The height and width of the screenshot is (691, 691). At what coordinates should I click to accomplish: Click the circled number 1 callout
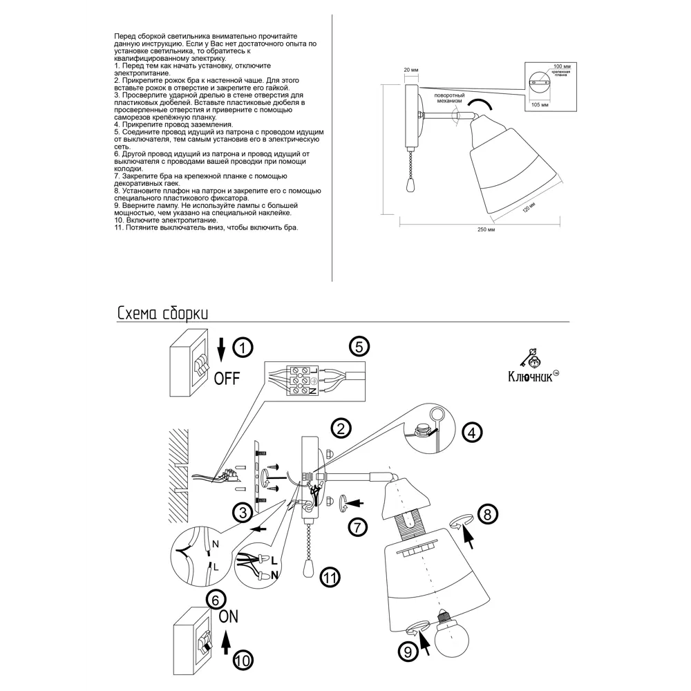pos(241,348)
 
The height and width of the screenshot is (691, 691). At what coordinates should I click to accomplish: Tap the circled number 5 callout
pos(357,347)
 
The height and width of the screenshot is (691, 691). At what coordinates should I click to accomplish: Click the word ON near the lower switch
pos(229,616)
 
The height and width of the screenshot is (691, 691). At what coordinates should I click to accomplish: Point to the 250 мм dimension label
pos(486,229)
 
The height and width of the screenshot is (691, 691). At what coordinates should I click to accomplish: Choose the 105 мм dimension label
pos(540,104)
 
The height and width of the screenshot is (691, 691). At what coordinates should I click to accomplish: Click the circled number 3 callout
pos(241,513)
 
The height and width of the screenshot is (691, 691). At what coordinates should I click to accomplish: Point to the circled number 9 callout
pos(407,650)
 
